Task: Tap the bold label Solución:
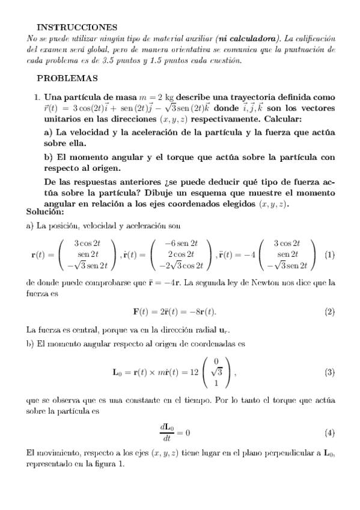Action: pos(45,211)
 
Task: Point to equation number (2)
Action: pos(329,312)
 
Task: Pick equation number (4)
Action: pos(329,432)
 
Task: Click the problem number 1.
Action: pos(37,97)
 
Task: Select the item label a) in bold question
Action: pos(49,132)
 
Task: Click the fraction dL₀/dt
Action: pos(167,432)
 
